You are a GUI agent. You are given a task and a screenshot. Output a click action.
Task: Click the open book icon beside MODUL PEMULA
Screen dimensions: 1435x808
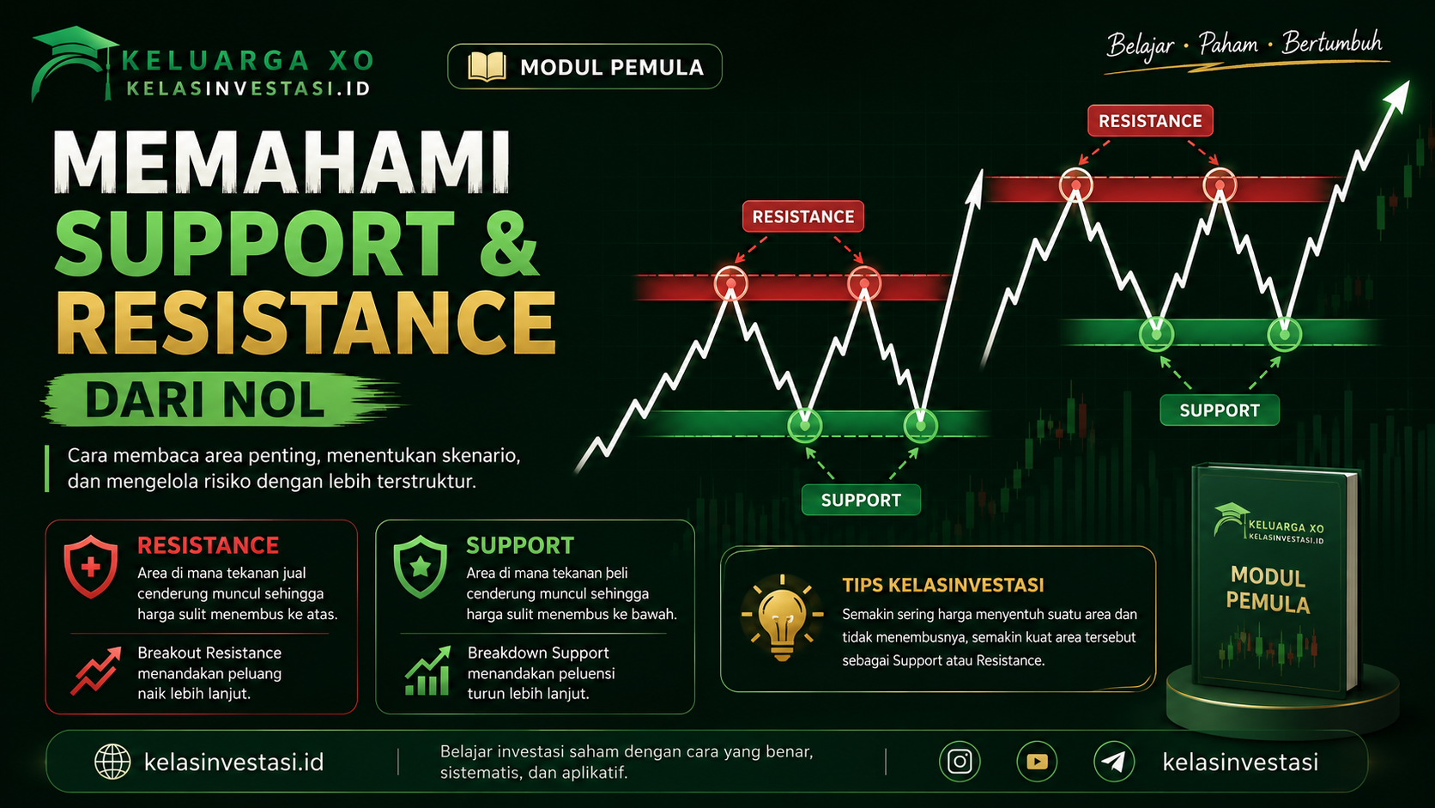(x=487, y=67)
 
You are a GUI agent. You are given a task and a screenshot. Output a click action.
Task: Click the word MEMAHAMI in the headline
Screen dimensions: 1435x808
(x=282, y=161)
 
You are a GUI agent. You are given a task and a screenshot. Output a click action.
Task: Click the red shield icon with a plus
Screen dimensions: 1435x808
(x=91, y=567)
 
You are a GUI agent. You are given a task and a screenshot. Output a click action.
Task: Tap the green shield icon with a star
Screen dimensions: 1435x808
(x=421, y=567)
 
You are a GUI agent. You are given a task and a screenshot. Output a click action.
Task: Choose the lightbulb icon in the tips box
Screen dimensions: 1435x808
(x=782, y=617)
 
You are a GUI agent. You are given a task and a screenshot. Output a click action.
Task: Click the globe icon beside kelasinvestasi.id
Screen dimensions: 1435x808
(x=112, y=762)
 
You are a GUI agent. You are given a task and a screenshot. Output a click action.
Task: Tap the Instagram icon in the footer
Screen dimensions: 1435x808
(x=960, y=762)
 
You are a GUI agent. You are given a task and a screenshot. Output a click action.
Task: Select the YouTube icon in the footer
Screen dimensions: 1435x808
(x=1037, y=762)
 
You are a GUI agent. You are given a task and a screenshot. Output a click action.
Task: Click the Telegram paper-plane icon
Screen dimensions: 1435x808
(x=1114, y=762)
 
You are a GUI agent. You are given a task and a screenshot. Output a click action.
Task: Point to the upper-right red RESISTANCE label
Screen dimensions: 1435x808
(x=1150, y=121)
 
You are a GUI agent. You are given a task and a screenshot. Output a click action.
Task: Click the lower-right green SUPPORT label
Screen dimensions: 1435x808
(x=1220, y=410)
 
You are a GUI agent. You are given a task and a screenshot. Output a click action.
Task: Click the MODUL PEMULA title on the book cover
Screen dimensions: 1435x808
(x=1268, y=590)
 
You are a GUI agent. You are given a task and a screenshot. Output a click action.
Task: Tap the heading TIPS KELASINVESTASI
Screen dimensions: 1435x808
(x=943, y=585)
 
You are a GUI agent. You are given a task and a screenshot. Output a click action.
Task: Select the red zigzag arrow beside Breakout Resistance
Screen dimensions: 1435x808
(x=96, y=671)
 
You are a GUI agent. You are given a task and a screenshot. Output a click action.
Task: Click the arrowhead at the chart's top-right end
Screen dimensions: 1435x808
(x=1398, y=94)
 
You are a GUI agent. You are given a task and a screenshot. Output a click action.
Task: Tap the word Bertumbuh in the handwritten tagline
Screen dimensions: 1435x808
(x=1332, y=43)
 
